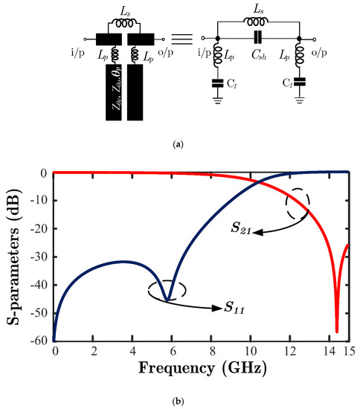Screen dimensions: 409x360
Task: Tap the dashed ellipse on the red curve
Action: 298,204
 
